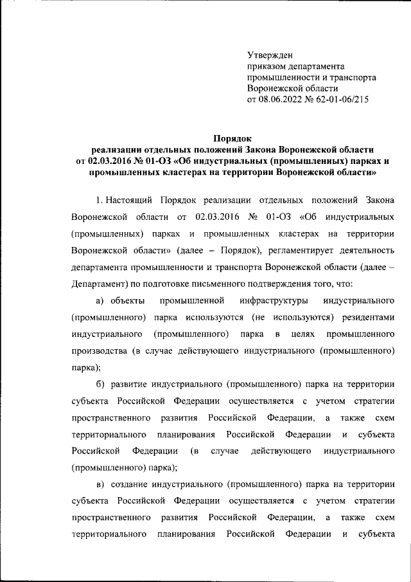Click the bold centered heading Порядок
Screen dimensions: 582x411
tap(232, 137)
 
